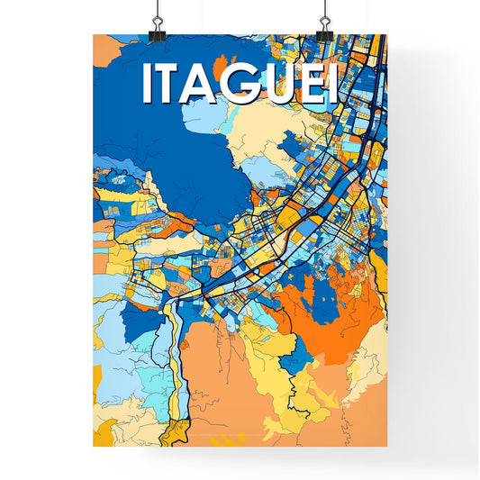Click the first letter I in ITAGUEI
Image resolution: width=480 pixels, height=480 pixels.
tap(147, 85)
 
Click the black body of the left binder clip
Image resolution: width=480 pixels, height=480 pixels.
tap(159, 29)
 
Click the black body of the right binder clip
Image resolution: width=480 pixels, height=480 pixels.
tap(321, 29)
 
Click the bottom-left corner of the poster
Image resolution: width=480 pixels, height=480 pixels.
tap(93, 448)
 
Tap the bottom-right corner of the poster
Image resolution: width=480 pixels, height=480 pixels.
tap(387, 448)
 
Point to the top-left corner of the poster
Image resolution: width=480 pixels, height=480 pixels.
tap(93, 34)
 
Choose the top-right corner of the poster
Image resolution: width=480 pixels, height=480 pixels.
tap(387, 34)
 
